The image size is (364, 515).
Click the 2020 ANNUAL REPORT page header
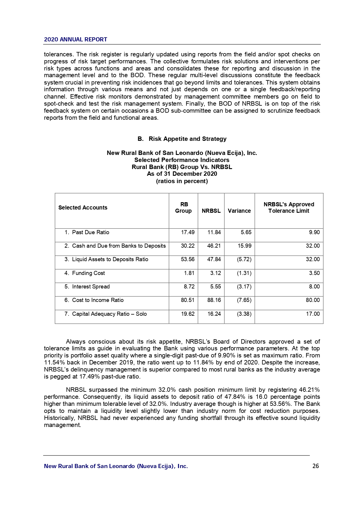(x=75, y=40)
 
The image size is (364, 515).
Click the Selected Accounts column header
(x=83, y=208)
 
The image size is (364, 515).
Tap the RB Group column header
(x=183, y=208)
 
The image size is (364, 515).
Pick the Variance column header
(x=239, y=211)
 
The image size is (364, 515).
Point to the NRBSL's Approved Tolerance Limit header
(x=289, y=208)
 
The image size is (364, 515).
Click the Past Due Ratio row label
(x=90, y=232)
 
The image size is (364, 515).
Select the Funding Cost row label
(x=88, y=273)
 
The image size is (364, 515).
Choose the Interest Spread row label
(x=91, y=287)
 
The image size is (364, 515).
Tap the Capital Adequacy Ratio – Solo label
(x=109, y=314)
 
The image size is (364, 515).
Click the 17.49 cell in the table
(x=188, y=232)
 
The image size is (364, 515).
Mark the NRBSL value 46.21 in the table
(x=214, y=246)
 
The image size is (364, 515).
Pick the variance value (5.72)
(x=244, y=259)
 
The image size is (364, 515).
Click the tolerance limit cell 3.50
(x=314, y=273)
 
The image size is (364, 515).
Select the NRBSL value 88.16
(x=214, y=300)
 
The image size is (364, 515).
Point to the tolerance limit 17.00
(x=313, y=314)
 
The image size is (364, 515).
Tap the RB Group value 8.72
(x=189, y=287)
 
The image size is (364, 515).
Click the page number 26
(x=316, y=466)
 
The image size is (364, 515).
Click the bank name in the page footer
(x=116, y=466)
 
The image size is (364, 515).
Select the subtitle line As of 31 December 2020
(x=182, y=174)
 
